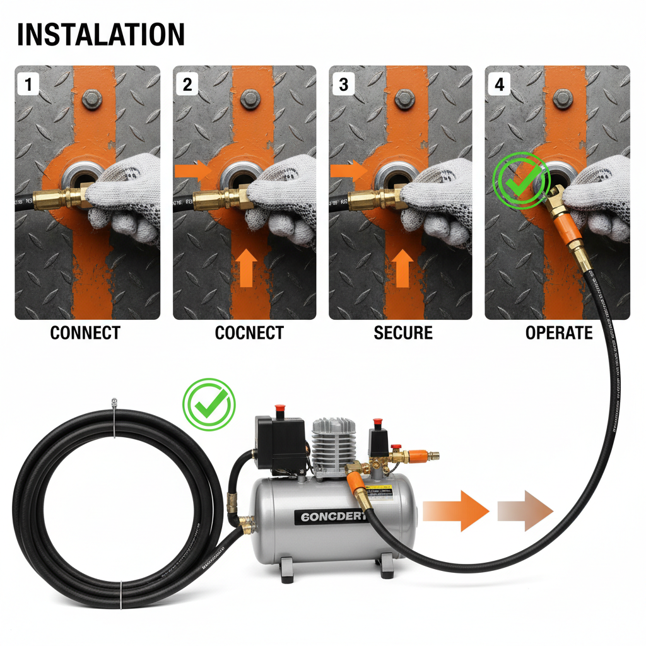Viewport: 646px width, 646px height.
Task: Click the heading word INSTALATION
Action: tap(101, 34)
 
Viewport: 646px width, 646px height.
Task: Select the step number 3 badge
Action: tap(343, 84)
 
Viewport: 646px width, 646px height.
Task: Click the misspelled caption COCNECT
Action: tap(249, 333)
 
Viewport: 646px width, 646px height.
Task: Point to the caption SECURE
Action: tap(403, 333)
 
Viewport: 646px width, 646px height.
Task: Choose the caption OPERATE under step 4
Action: tap(559, 333)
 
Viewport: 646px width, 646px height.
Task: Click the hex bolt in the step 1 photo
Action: tap(93, 99)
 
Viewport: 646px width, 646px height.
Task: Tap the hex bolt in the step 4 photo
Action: tap(563, 98)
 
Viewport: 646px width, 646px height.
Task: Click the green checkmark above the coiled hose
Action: tap(209, 404)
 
